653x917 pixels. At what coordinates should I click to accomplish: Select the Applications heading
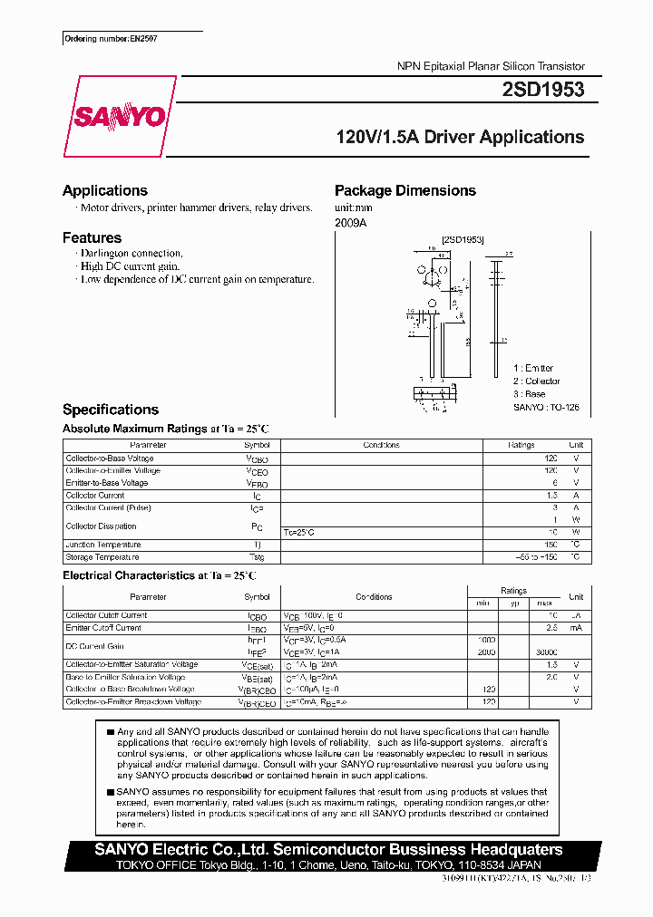click(x=105, y=190)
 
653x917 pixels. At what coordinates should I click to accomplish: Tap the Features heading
click(x=92, y=237)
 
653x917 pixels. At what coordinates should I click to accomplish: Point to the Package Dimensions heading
click(x=405, y=190)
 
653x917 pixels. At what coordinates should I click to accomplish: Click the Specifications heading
click(x=111, y=410)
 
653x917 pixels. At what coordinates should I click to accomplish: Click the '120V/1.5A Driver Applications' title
click(x=460, y=138)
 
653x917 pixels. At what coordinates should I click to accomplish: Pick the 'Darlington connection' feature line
click(x=132, y=254)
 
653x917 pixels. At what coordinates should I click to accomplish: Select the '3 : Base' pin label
click(x=530, y=394)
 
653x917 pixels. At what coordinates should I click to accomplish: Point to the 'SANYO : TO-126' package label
click(x=546, y=408)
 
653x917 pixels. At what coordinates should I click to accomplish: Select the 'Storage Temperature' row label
click(x=102, y=557)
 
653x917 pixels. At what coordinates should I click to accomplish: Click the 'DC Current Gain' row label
click(x=94, y=645)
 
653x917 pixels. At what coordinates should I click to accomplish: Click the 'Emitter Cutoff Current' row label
click(x=103, y=627)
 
